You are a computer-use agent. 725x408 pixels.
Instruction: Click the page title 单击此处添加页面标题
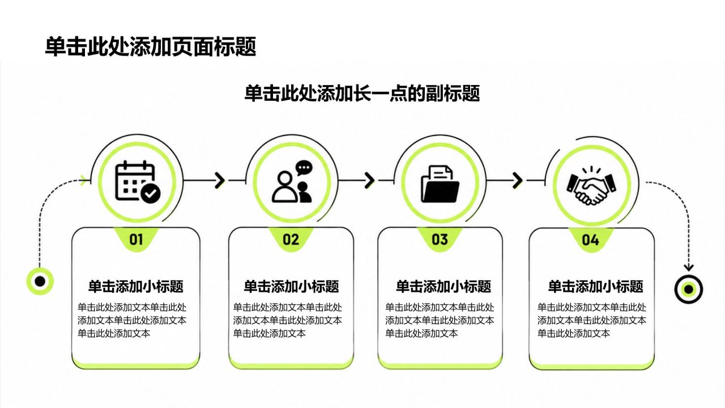151,47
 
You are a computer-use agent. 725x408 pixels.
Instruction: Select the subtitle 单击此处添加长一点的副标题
362,93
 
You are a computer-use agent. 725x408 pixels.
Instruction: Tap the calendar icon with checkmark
138,181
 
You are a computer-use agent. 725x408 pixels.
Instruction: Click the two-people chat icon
293,182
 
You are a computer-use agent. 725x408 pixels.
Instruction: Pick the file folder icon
440,184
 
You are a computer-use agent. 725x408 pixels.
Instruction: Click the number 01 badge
136,240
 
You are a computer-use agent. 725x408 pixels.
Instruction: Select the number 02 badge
291,240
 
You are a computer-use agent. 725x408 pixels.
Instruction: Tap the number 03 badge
440,240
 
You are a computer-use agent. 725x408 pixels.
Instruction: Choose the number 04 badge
590,240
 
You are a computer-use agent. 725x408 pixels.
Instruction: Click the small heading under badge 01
136,287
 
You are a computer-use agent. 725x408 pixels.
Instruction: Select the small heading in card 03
443,287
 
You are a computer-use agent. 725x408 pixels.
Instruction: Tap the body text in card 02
287,320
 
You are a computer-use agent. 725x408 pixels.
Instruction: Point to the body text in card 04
592,320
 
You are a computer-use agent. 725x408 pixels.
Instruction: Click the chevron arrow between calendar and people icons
220,180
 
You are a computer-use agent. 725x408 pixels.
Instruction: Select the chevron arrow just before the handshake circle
517,180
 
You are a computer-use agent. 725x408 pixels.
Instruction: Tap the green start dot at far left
40,282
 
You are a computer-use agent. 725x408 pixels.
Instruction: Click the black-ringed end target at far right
689,289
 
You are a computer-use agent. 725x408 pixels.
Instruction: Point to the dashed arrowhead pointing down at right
688,267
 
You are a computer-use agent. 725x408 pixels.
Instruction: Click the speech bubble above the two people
304,168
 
